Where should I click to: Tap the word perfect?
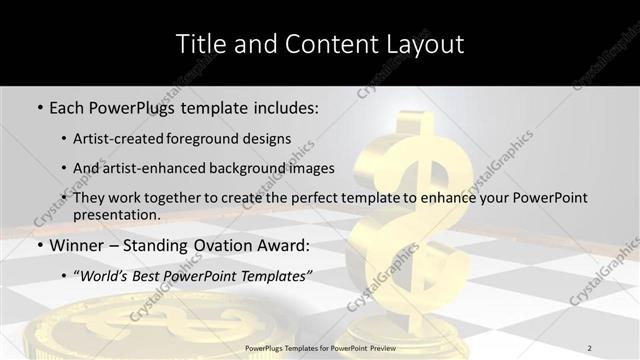(327, 198)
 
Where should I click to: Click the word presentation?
(117, 214)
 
